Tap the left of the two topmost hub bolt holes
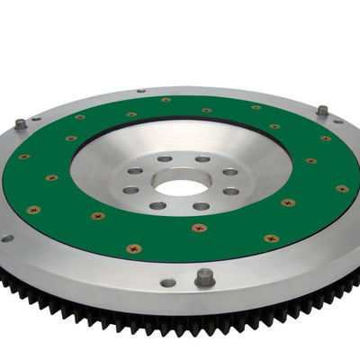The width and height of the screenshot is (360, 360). tap(165, 159)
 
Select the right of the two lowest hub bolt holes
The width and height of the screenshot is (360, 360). tap(201, 206)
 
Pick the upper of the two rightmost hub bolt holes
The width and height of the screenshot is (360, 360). tap(230, 172)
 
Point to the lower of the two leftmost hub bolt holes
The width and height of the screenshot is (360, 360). tap(132, 190)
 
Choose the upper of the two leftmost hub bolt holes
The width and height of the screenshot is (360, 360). tap(136, 171)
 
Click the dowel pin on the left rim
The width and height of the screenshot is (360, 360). tap(21, 123)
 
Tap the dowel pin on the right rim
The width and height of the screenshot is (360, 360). tap(322, 111)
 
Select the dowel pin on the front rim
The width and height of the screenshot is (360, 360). tap(204, 277)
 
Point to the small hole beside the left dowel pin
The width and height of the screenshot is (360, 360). tap(37, 119)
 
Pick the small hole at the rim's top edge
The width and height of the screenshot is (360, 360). tap(141, 90)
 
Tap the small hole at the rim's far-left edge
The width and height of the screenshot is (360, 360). tap(7, 238)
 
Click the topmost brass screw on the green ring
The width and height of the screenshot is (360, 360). tap(166, 100)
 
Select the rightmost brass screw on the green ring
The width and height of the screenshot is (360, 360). tap(342, 188)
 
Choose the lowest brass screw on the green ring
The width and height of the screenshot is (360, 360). tap(133, 247)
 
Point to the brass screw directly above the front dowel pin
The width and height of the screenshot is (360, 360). tap(199, 228)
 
